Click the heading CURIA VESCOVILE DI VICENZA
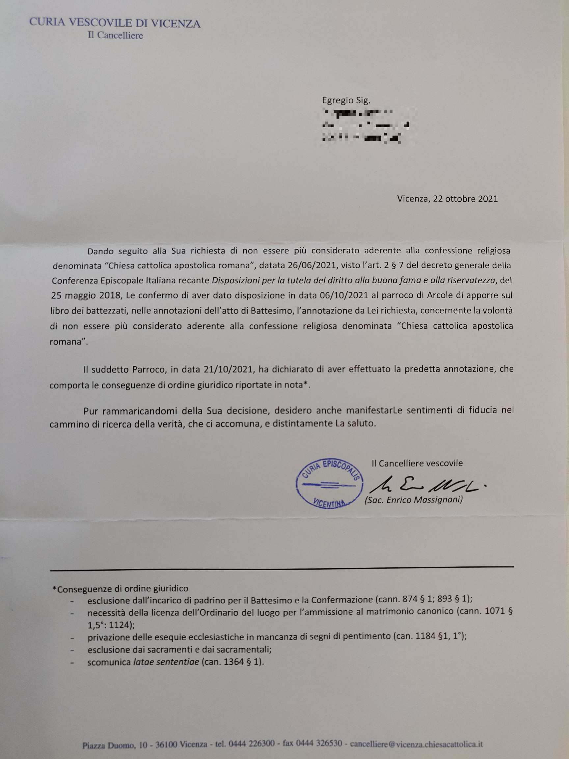tap(115, 23)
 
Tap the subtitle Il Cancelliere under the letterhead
tap(115, 35)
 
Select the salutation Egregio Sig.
tap(346, 100)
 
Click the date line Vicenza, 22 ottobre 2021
tap(447, 199)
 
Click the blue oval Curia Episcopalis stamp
tap(329, 483)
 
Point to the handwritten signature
tap(427, 485)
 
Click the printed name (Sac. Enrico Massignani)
tap(414, 500)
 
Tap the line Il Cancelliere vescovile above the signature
tap(417, 463)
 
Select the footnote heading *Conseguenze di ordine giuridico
tap(120, 589)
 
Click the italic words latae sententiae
tap(166, 662)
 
